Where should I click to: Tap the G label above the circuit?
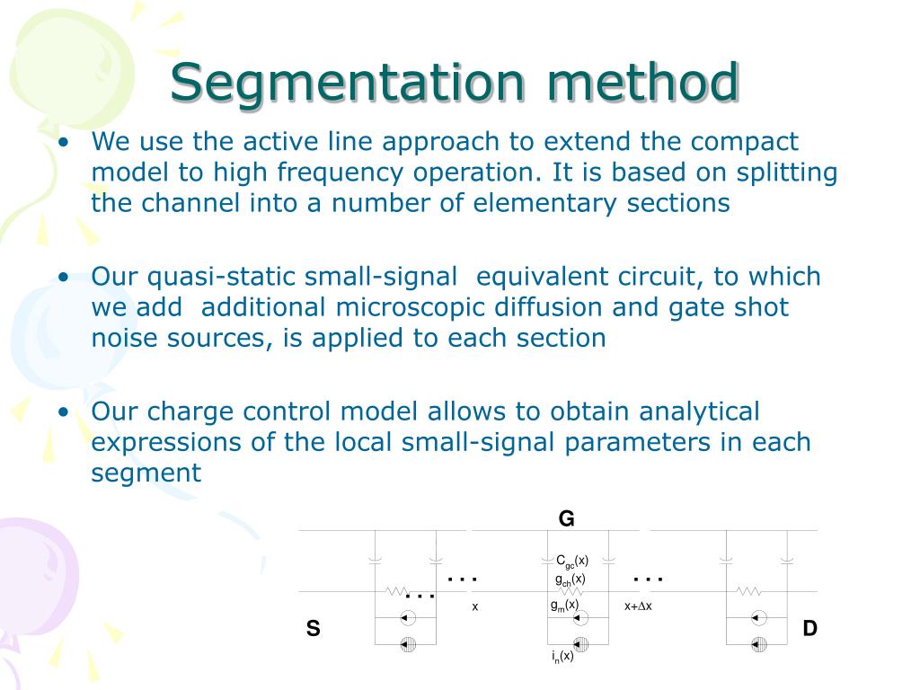pyautogui.click(x=566, y=518)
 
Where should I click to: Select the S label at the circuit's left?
pyautogui.click(x=313, y=629)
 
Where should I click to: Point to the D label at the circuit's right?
pyautogui.click(x=809, y=629)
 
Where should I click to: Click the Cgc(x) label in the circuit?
pyautogui.click(x=571, y=562)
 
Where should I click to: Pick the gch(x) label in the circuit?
pyautogui.click(x=570, y=579)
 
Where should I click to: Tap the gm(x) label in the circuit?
pyautogui.click(x=564, y=606)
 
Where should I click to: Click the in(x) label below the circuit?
pyautogui.click(x=562, y=657)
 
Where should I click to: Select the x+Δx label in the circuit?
pyautogui.click(x=638, y=606)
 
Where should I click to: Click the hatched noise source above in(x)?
pyautogui.click(x=580, y=642)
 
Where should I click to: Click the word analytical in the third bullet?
pyautogui.click(x=700, y=411)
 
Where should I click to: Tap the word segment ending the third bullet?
pyautogui.click(x=146, y=473)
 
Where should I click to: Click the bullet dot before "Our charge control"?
pyautogui.click(x=64, y=412)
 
